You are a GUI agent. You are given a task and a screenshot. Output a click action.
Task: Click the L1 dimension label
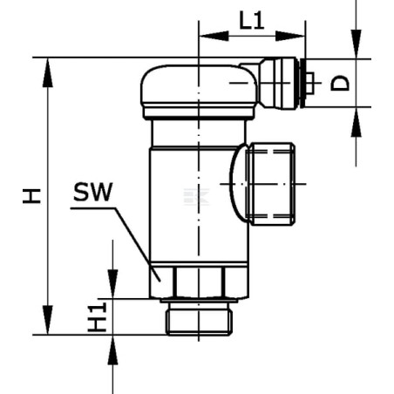(252, 20)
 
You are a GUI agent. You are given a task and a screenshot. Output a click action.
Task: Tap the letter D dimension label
(340, 84)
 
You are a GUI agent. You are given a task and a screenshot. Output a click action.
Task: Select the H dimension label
(32, 196)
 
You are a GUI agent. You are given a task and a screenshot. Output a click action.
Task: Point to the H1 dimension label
(98, 317)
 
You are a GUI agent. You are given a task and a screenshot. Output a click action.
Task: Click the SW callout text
(93, 192)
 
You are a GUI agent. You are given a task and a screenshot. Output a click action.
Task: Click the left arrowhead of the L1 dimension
(214, 36)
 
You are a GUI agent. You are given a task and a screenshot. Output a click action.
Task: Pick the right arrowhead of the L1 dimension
(290, 36)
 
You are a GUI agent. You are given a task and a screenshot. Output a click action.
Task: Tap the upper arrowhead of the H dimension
(48, 72)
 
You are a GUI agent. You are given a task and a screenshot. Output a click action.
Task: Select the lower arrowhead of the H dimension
(48, 320)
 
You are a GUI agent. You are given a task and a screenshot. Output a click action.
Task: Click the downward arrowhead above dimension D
(357, 44)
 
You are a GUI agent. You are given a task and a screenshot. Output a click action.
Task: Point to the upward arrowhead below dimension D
(357, 122)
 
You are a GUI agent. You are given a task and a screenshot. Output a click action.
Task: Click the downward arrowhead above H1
(112, 283)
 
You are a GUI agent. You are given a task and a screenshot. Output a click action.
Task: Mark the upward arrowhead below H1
(112, 350)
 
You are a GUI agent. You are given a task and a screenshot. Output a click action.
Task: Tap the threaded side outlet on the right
(272, 184)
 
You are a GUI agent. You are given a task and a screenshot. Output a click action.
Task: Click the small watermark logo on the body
(196, 197)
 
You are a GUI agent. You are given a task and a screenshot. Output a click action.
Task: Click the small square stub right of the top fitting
(309, 83)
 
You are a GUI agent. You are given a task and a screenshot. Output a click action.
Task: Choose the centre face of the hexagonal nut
(199, 282)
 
